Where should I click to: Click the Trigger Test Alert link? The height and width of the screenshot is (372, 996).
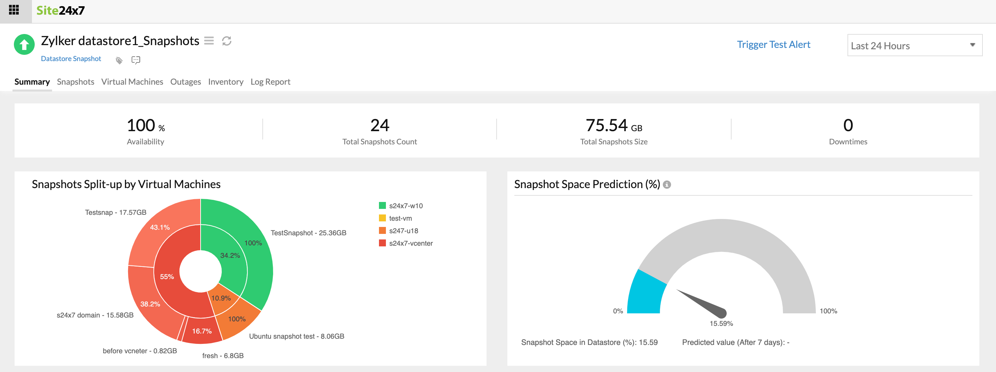[773, 45]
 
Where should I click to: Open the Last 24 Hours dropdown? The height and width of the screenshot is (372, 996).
[914, 45]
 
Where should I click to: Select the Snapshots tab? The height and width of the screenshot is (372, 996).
[75, 82]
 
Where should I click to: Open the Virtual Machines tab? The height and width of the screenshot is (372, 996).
[132, 82]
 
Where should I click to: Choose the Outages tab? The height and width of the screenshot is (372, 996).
[185, 82]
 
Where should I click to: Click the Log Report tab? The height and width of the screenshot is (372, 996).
[270, 82]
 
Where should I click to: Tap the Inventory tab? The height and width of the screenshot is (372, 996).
[226, 82]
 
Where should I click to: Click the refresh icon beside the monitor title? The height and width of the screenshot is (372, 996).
[227, 41]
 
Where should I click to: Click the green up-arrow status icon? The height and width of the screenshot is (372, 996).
[24, 45]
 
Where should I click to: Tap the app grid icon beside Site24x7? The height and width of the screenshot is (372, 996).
[14, 10]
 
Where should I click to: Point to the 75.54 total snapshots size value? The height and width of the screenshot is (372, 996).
[607, 125]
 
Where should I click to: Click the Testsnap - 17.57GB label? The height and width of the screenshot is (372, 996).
[115, 213]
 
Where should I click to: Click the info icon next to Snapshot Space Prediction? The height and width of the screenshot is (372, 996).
[667, 185]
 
